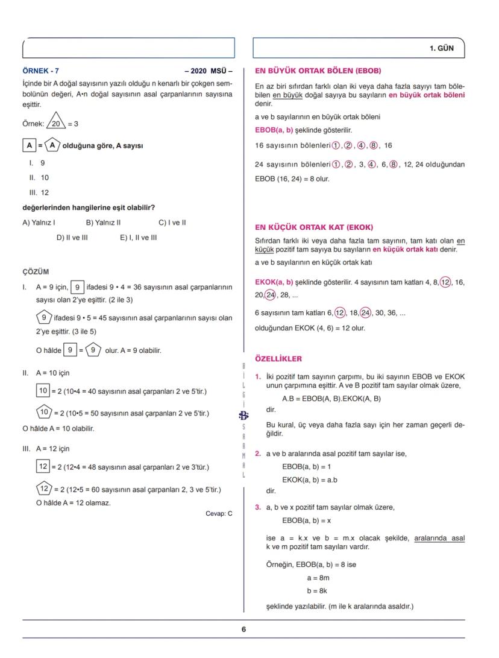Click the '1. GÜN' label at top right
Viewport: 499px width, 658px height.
[441, 48]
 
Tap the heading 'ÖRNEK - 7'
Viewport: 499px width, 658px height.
[41, 71]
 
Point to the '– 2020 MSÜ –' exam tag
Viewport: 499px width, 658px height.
[208, 71]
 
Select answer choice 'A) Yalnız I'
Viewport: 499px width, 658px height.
[39, 222]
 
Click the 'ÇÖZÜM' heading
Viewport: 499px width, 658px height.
[36, 272]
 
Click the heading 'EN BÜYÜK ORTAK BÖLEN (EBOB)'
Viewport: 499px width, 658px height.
[318, 71]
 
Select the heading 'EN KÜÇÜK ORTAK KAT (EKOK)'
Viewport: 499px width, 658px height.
[314, 227]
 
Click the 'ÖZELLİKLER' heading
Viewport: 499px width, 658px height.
[278, 359]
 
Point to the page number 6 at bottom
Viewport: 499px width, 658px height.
[243, 629]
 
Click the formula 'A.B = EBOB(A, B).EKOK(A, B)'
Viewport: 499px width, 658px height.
[331, 399]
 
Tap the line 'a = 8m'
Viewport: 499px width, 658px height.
[318, 578]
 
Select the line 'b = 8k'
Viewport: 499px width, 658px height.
[317, 591]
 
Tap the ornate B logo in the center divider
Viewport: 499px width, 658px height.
[243, 415]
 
